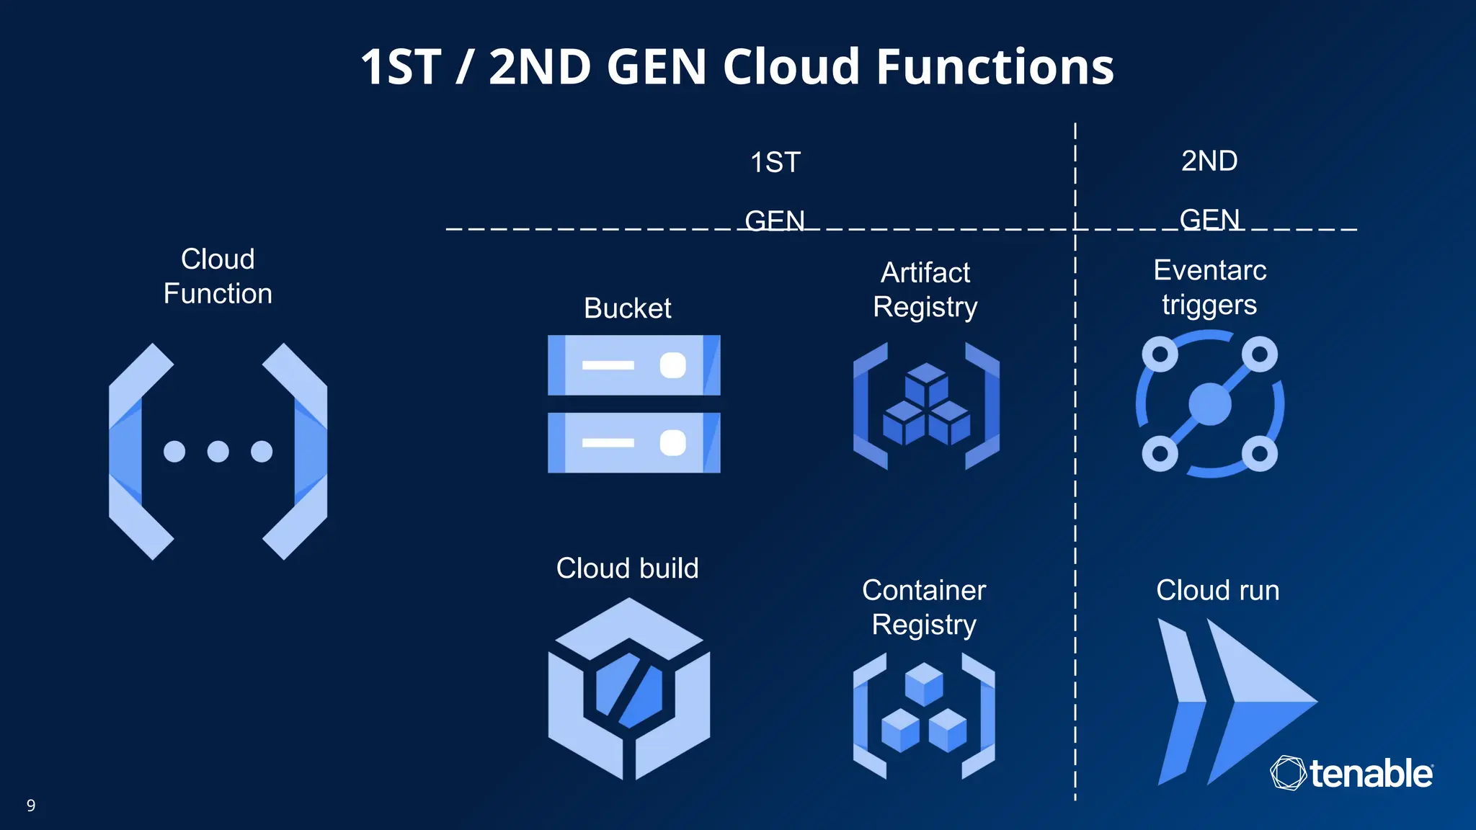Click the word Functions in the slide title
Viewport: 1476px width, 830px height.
click(x=995, y=67)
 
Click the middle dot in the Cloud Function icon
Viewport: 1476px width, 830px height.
click(x=218, y=452)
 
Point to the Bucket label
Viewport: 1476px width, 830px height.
click(x=627, y=308)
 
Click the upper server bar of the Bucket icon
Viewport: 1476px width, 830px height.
click(x=633, y=365)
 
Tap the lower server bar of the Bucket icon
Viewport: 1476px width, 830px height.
click(x=633, y=442)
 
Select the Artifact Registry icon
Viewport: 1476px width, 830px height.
click(x=926, y=406)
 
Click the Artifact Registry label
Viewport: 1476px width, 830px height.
click(x=925, y=290)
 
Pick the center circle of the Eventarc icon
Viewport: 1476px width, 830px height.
click(x=1209, y=404)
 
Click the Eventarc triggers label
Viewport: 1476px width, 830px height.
click(x=1209, y=287)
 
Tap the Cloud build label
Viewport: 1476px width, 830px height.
click(x=627, y=568)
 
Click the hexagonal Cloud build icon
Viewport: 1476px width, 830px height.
click(x=628, y=690)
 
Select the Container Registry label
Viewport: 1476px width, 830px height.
click(x=924, y=607)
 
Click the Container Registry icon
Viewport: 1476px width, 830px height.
click(x=924, y=716)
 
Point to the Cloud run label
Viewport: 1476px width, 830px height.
click(x=1217, y=591)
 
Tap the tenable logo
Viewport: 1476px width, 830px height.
click(x=1352, y=774)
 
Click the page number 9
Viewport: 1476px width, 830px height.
click(x=31, y=806)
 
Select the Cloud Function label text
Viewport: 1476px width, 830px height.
click(x=218, y=277)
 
